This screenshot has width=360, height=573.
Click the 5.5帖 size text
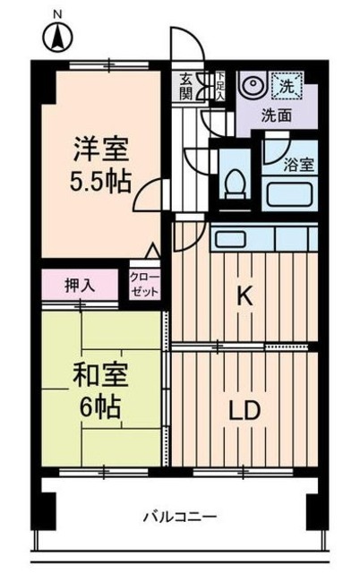pos(100,183)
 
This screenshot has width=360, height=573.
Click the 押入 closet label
pos(79,286)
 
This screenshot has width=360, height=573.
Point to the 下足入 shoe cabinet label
pos(219,85)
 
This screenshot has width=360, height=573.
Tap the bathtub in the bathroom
pos(288,192)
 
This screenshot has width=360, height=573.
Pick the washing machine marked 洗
pos(288,87)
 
